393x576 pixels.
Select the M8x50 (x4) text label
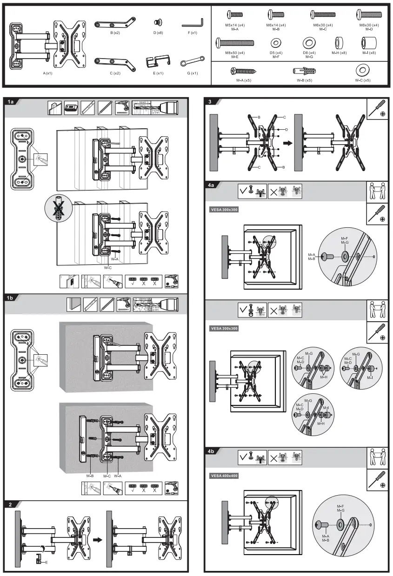235,53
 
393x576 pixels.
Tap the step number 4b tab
212,451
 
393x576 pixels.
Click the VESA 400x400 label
224,476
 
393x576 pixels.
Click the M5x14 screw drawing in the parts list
235,14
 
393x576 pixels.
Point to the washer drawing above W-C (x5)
362,71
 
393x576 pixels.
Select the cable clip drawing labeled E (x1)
158,62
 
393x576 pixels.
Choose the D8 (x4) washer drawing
309,44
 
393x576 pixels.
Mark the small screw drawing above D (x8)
159,22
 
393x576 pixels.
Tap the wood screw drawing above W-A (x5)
240,71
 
